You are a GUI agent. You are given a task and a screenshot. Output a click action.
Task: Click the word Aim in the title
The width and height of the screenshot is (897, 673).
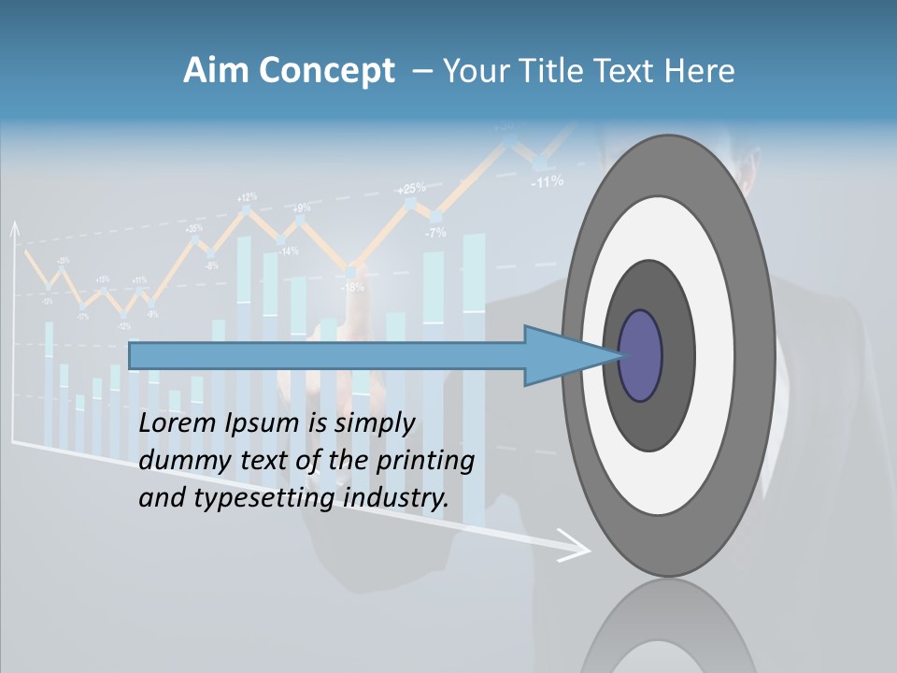click(216, 71)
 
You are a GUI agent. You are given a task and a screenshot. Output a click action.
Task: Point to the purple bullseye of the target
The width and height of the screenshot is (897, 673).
click(641, 356)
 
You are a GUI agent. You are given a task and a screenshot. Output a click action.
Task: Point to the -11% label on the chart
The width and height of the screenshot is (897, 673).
click(547, 181)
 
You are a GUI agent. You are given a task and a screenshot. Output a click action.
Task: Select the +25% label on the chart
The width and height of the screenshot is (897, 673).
click(411, 189)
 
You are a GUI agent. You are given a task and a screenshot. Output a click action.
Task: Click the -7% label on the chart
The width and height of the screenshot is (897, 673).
click(435, 233)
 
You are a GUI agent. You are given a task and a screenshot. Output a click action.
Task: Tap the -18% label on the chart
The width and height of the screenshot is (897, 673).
click(352, 287)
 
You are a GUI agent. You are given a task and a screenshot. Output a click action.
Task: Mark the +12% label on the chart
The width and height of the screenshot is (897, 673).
click(247, 197)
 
